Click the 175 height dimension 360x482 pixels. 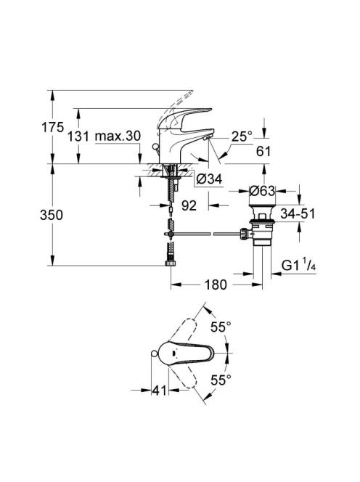tap(52, 127)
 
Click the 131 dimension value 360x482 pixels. tap(78, 136)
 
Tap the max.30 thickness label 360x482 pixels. tap(118, 136)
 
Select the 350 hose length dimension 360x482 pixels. tap(52, 215)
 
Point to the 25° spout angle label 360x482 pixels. tap(242, 136)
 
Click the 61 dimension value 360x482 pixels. tap(263, 151)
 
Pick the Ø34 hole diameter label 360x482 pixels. tap(209, 179)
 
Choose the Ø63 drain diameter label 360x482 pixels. tap(262, 191)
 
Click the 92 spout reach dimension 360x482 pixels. tap(189, 205)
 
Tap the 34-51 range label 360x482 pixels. tap(298, 213)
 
